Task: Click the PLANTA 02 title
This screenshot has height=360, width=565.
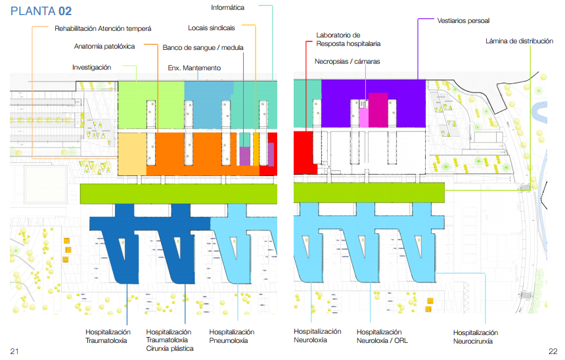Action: tap(41, 11)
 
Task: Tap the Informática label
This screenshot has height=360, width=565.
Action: tap(228, 8)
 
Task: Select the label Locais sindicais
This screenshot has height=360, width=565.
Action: tap(212, 28)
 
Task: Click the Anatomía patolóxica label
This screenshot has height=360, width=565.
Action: tap(104, 46)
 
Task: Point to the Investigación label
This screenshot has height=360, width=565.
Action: tap(91, 68)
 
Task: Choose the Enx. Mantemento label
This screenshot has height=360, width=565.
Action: tap(194, 68)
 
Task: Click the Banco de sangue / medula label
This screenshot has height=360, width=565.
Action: tap(203, 47)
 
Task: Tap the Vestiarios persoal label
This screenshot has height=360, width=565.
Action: tap(463, 20)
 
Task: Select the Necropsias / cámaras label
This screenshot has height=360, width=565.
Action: tap(348, 61)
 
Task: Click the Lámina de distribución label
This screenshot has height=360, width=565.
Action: tap(519, 41)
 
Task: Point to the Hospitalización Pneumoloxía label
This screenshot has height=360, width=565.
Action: tap(232, 336)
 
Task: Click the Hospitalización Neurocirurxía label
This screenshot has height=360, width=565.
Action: tap(476, 337)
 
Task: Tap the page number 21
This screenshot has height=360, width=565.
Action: tap(14, 351)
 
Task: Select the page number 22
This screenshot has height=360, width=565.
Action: tap(553, 351)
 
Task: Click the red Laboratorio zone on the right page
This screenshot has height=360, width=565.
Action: tap(303, 152)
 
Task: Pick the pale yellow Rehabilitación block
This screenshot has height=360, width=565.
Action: tap(132, 154)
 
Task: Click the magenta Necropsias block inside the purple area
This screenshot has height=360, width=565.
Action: tap(378, 110)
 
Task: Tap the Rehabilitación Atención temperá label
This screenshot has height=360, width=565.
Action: tap(103, 28)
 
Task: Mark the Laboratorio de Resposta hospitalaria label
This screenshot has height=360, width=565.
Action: tap(348, 39)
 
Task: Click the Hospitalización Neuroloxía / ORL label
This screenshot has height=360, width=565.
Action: tap(382, 336)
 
